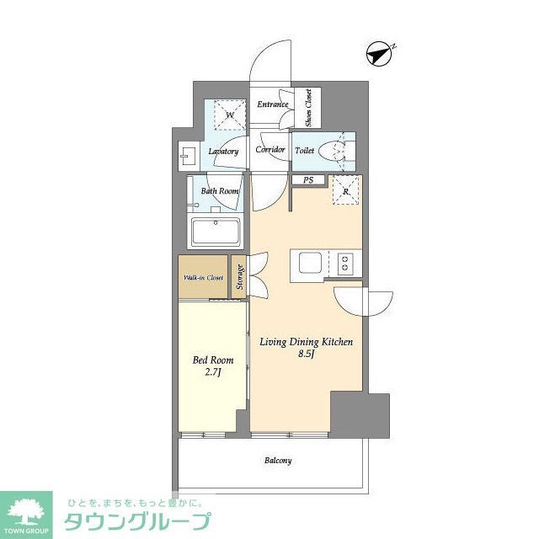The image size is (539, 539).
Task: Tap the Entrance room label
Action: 274,104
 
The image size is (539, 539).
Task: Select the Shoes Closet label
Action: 307,108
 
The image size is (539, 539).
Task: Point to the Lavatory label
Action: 224,152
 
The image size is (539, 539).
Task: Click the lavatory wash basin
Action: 186,155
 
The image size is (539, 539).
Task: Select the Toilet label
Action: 305,152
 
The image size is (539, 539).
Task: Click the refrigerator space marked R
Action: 346,191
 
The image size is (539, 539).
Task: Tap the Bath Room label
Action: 220,191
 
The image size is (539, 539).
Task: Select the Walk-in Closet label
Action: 203,277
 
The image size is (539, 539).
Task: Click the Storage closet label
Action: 239,277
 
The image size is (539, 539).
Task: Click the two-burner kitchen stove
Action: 344,263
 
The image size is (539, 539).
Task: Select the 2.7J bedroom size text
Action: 212,374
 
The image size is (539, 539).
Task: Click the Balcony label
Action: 278,461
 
